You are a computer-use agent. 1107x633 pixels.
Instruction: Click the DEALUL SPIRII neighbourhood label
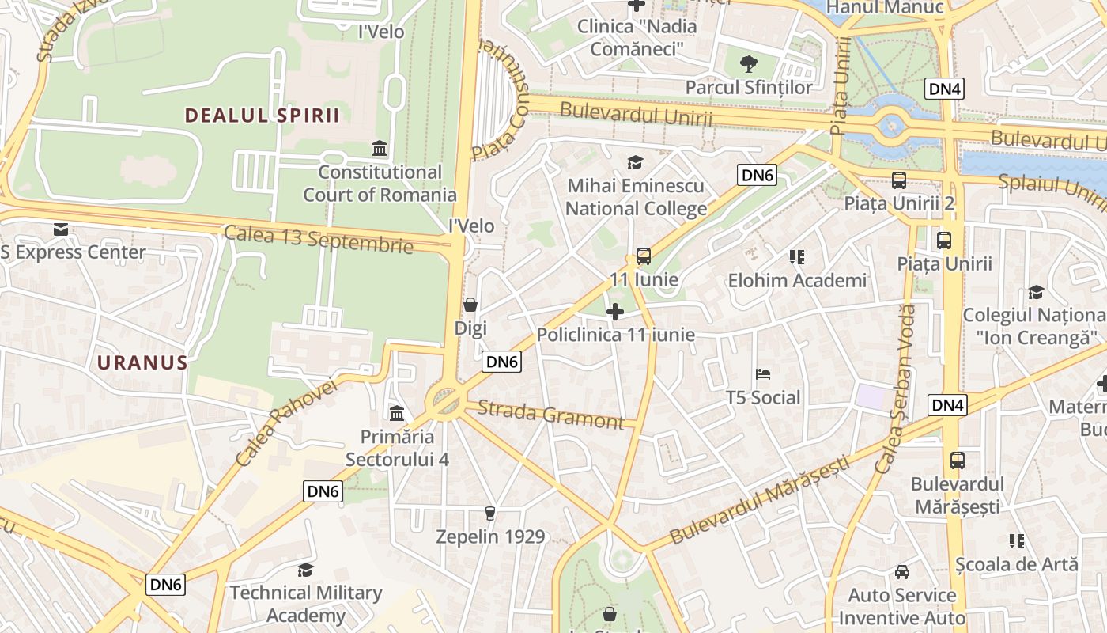[x=262, y=116]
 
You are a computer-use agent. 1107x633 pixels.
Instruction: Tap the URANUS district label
[x=142, y=363]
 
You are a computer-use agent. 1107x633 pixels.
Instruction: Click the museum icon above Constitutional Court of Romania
[x=380, y=149]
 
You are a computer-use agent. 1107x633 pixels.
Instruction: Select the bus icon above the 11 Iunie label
[x=644, y=256]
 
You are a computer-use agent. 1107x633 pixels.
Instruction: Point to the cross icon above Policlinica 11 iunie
[x=615, y=312]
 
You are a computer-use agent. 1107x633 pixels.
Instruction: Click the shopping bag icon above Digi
[x=470, y=305]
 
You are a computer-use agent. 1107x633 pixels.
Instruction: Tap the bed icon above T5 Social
[x=763, y=374]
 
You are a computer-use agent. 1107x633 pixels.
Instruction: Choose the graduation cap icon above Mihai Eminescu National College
[x=636, y=163]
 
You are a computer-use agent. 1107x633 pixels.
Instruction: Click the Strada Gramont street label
[x=551, y=415]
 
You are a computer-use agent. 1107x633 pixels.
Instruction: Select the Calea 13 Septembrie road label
[x=319, y=239]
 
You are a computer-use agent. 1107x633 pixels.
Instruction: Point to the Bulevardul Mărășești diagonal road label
[x=759, y=500]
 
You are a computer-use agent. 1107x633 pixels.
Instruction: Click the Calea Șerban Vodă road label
[x=896, y=389]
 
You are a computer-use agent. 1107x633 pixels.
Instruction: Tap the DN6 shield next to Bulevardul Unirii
[x=757, y=175]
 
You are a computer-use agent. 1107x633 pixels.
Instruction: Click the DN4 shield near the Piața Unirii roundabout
[x=944, y=89]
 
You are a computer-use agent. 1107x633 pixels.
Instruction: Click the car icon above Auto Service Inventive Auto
[x=902, y=571]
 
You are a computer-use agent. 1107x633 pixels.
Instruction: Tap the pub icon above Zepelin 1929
[x=490, y=514]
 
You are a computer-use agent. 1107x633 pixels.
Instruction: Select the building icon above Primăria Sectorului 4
[x=397, y=413]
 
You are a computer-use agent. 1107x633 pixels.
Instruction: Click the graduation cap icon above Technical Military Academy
[x=305, y=570]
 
